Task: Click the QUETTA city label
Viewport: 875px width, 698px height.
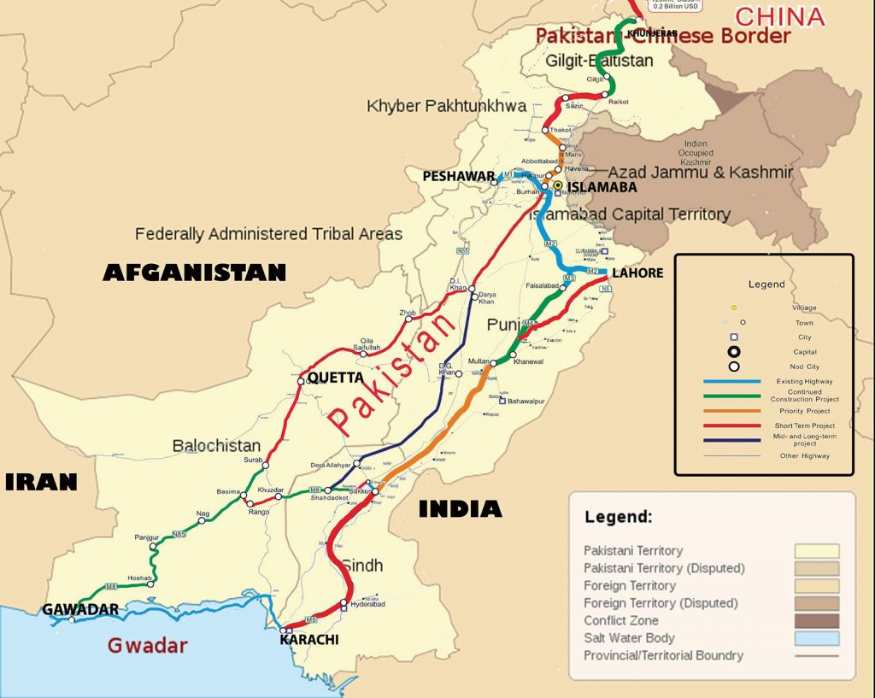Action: [335, 377]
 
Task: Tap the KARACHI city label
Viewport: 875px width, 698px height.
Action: [309, 639]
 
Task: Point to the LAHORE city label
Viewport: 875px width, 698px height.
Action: [637, 273]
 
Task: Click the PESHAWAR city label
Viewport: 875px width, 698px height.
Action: [459, 176]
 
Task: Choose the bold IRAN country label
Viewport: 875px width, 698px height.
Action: [41, 482]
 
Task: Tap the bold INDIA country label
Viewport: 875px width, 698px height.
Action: [460, 509]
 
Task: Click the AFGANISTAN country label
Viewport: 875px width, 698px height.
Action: [194, 273]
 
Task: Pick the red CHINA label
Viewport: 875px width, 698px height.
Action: [779, 16]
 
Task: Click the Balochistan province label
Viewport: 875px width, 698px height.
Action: [216, 445]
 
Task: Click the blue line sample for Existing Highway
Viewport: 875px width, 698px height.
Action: [731, 380]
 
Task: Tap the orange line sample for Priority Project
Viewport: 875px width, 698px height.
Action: [731, 411]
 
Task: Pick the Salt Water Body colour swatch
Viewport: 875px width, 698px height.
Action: [816, 638]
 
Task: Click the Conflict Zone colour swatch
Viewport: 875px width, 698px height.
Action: [816, 621]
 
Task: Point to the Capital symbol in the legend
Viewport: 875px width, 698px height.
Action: [733, 352]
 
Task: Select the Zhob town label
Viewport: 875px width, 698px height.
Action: [407, 314]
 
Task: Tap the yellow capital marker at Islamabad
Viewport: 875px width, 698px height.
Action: [557, 185]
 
